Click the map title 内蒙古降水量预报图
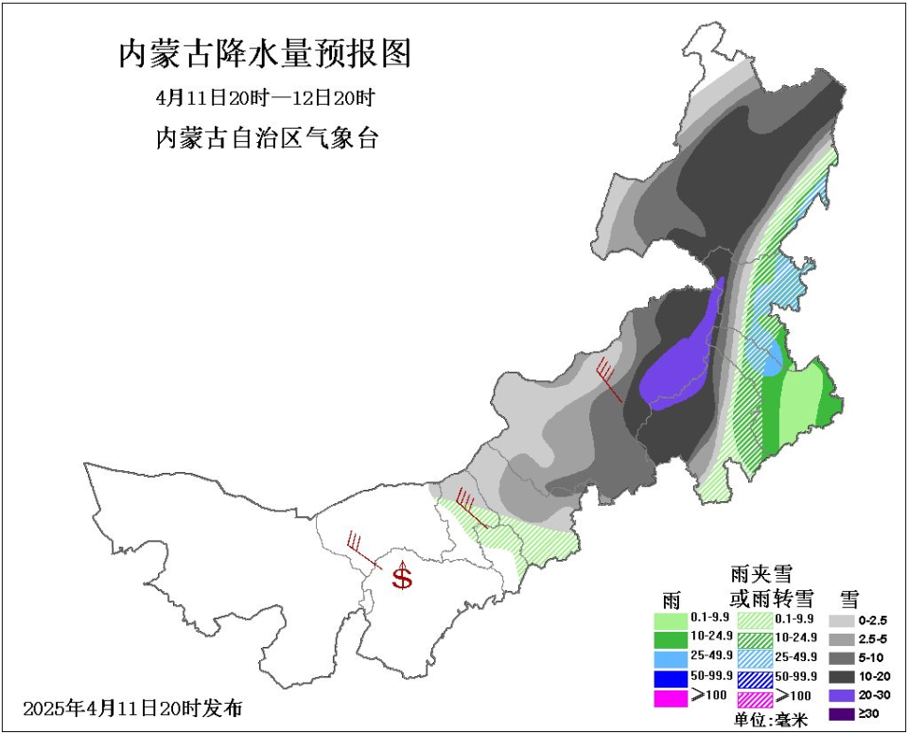[265, 54]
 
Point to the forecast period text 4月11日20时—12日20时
[266, 98]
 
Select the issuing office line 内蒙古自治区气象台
[267, 138]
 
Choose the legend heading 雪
[848, 598]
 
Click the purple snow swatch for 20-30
[843, 698]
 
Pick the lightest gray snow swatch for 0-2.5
[843, 621]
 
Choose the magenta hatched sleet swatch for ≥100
[755, 699]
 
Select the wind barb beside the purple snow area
[609, 379]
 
